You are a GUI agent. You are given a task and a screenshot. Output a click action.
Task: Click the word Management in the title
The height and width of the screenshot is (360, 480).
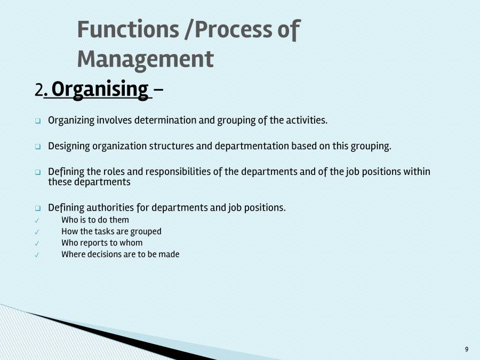tap(145, 59)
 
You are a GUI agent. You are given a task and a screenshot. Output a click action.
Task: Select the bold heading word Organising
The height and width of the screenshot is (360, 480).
tap(100, 89)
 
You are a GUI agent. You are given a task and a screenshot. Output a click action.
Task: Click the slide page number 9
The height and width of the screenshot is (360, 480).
tap(467, 349)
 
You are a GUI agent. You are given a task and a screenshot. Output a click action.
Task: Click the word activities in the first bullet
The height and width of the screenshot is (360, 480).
tap(307, 120)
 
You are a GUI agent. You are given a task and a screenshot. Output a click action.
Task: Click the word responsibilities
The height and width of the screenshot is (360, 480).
tap(193, 172)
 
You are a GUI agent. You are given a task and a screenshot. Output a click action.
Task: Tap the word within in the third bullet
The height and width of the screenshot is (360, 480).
tap(417, 172)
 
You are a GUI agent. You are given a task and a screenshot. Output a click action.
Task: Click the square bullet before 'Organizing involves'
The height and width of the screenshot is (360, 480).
tap(38, 121)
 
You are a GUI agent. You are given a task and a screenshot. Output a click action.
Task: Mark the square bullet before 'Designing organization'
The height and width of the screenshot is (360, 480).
tap(38, 147)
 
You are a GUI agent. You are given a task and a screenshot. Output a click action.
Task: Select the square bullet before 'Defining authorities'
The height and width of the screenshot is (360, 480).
tap(38, 208)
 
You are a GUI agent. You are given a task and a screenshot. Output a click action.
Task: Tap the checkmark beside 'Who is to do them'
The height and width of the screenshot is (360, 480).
tap(36, 220)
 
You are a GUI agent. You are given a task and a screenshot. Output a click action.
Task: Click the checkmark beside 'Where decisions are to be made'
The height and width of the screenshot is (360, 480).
tap(36, 255)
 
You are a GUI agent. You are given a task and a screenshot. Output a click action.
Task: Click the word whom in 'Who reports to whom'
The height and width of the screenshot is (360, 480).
tap(132, 243)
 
